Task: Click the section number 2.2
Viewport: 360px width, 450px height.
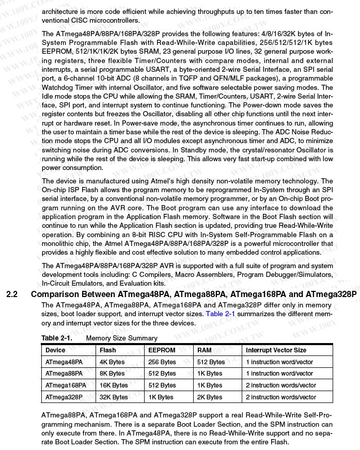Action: tap(12, 295)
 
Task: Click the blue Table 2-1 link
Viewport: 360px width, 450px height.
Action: tap(220, 314)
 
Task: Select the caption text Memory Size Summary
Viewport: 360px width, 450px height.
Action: tap(121, 338)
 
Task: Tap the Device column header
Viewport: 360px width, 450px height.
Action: tap(55, 350)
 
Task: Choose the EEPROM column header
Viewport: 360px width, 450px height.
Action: tap(162, 350)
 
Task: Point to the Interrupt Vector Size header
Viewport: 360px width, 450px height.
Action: tap(276, 350)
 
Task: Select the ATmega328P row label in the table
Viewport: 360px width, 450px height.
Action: tap(64, 397)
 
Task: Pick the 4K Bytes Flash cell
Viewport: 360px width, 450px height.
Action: tap(112, 362)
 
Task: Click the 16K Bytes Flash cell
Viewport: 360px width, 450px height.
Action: tap(114, 385)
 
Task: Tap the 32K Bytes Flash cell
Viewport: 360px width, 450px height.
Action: tap(114, 397)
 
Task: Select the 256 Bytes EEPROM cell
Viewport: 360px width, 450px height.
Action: tap(162, 362)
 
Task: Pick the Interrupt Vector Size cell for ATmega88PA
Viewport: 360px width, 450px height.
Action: tap(279, 374)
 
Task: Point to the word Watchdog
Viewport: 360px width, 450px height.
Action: tap(57, 88)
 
